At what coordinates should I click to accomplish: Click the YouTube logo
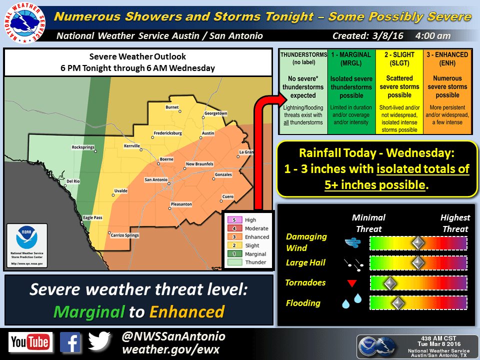tap(30, 342)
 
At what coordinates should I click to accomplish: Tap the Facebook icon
tap(70, 342)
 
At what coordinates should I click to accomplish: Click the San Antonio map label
tap(156, 180)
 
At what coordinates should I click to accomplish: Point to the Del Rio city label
tap(73, 181)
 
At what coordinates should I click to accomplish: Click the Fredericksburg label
tap(167, 133)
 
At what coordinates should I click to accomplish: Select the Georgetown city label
tap(215, 113)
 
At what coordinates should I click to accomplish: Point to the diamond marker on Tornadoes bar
tap(389, 283)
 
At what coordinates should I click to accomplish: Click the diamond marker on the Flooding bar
tap(398, 302)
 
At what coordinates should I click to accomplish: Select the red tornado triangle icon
tap(351, 283)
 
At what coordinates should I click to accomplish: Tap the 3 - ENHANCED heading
tap(447, 59)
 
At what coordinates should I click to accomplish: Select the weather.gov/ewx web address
tap(170, 349)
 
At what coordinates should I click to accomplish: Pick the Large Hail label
tap(305, 262)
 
